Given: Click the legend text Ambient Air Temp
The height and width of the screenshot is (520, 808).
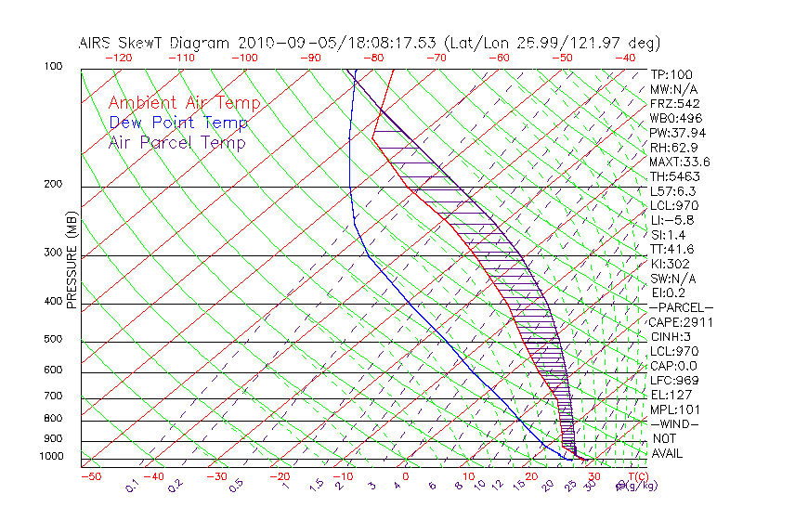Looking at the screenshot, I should pyautogui.click(x=184, y=103).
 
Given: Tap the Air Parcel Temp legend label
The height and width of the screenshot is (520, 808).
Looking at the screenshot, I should pyautogui.click(x=176, y=142).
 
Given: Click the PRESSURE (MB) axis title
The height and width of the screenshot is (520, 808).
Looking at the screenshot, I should pyautogui.click(x=72, y=264).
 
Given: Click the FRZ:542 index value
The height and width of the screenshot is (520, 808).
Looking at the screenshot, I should pyautogui.click(x=675, y=103).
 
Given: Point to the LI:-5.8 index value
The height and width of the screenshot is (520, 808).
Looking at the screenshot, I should pyautogui.click(x=671, y=220).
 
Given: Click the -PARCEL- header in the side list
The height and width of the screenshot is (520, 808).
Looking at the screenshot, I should pyautogui.click(x=681, y=307).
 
